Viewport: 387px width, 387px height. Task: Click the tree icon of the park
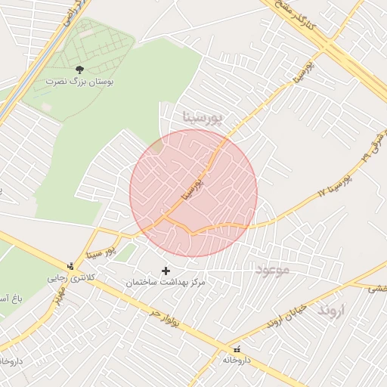point(79,70)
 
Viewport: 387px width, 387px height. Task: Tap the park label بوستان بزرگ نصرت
point(79,80)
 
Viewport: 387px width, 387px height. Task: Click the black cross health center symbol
point(166,271)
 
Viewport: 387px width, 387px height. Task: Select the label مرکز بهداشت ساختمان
point(166,282)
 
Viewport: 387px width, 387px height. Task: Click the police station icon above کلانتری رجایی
point(71,266)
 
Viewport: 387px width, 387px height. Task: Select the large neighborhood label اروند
point(331,310)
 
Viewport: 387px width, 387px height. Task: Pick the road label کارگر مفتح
point(296,19)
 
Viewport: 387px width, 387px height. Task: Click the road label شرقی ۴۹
point(370,147)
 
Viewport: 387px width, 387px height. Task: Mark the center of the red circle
point(193,193)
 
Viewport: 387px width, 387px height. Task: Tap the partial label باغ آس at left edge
point(11,299)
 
